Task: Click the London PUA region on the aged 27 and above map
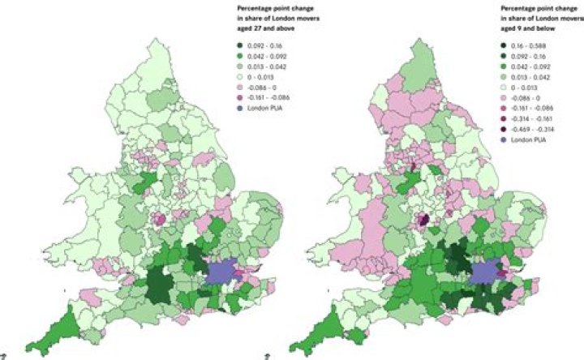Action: [x=226, y=272]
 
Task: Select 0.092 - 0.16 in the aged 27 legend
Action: [x=264, y=48]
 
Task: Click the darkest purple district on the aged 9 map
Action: [x=423, y=219]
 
